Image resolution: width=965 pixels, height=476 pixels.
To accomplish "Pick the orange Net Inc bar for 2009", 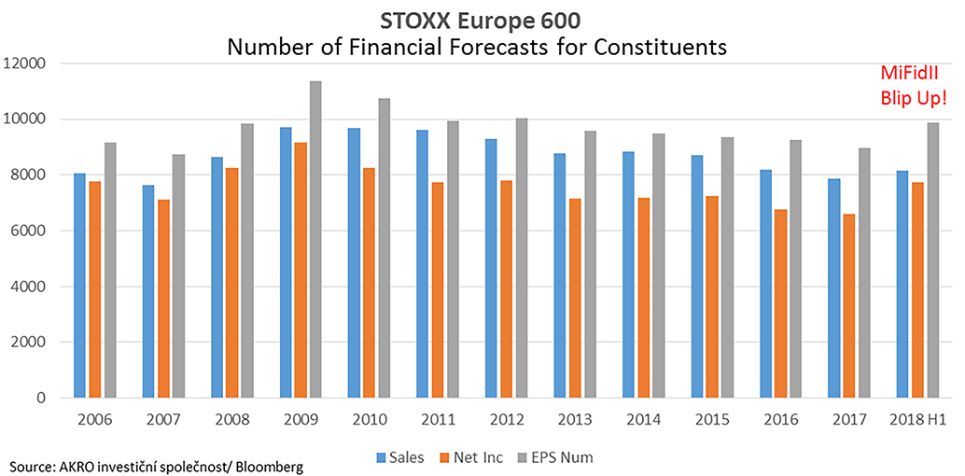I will coord(300,270).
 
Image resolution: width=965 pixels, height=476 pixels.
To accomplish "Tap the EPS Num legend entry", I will coord(556,457).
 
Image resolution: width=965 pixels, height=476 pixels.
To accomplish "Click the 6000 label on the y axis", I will coord(31,231).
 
